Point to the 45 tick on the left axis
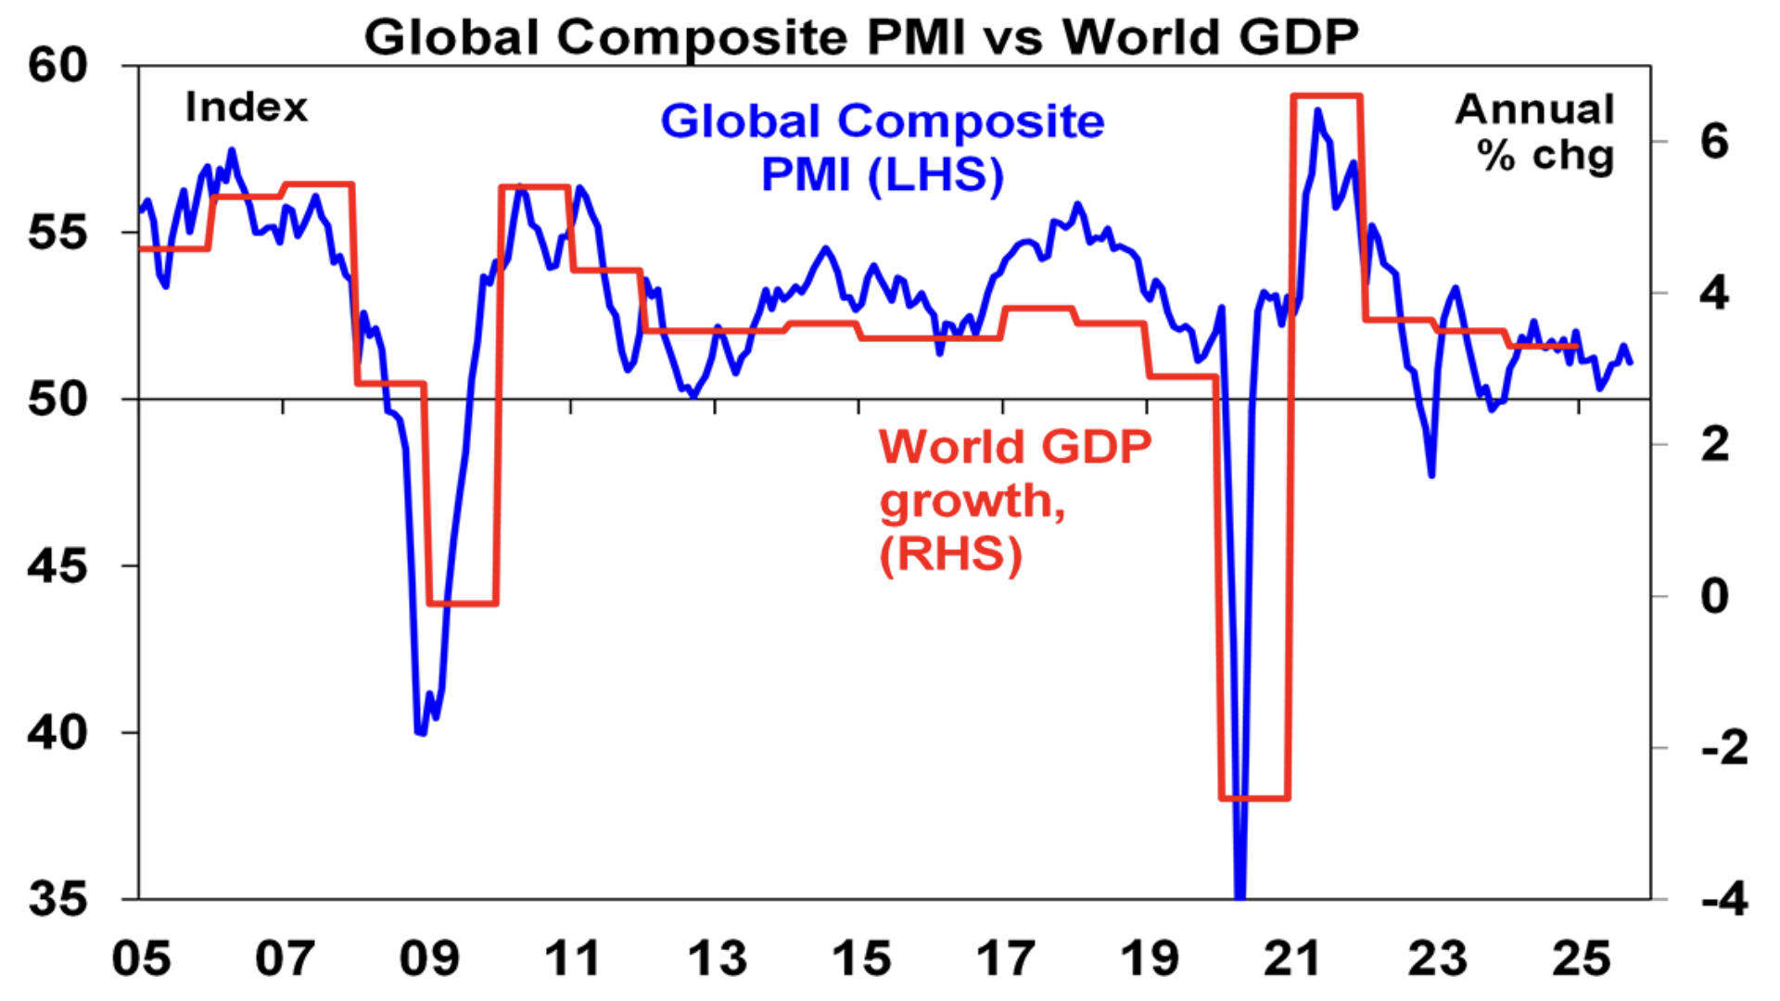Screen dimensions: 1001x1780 pyautogui.click(x=57, y=565)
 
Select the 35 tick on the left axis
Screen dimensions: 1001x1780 pyautogui.click(x=57, y=899)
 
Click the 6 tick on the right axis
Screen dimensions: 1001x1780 pyautogui.click(x=1714, y=142)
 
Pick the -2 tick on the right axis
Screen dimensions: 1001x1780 pyautogui.click(x=1723, y=747)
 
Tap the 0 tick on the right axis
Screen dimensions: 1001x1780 pyautogui.click(x=1714, y=596)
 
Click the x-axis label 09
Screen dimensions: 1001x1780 pyautogui.click(x=428, y=958)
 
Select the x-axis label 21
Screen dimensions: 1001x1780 pyautogui.click(x=1291, y=958)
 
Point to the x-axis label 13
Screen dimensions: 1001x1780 pyautogui.click(x=716, y=958)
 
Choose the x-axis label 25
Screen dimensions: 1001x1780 pyautogui.click(x=1580, y=958)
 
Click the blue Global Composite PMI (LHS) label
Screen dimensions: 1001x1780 pyautogui.click(x=882, y=148)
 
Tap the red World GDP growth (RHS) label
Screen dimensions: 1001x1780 pyautogui.click(x=1014, y=500)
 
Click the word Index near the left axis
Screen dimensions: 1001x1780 pyautogui.click(x=246, y=108)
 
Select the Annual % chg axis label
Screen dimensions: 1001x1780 pyautogui.click(x=1536, y=133)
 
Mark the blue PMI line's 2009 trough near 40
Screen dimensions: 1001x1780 pyautogui.click(x=420, y=732)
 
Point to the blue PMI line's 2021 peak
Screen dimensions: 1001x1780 pyautogui.click(x=1317, y=111)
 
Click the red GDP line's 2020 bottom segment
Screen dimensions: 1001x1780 pyautogui.click(x=1253, y=797)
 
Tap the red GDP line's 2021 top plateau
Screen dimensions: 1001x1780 pyautogui.click(x=1326, y=95)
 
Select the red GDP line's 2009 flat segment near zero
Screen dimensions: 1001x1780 pyautogui.click(x=463, y=603)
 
